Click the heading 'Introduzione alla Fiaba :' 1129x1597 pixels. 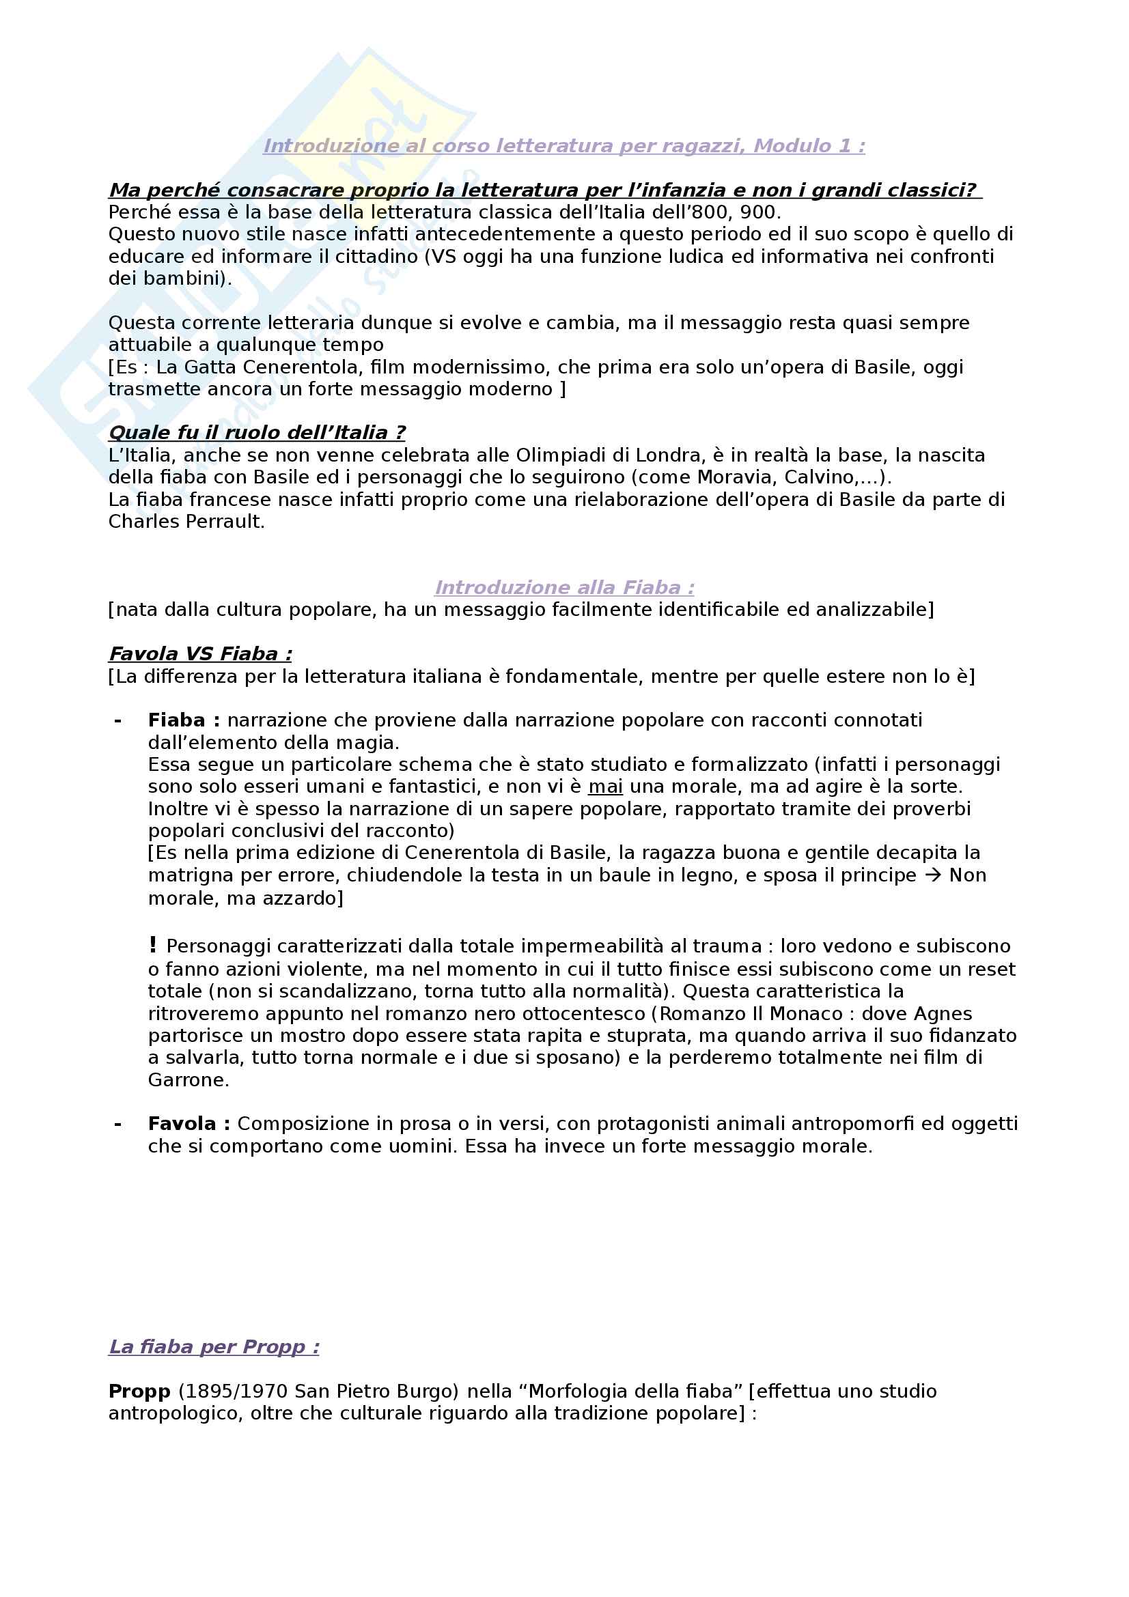coord(564,588)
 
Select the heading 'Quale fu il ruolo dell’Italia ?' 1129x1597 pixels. coord(257,433)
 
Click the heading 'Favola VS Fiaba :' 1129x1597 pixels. coord(200,655)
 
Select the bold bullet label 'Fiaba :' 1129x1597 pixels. coord(184,720)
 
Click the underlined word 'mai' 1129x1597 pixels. coord(605,787)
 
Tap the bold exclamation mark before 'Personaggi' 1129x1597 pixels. coord(153,944)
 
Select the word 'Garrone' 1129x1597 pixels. coord(188,1080)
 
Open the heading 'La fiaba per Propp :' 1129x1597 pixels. coord(214,1347)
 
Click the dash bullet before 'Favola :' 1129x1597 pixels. coord(117,1124)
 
